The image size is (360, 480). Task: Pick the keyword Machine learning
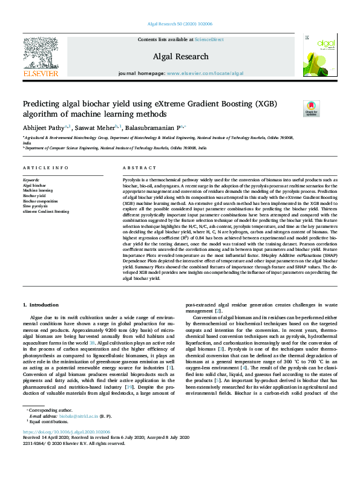click(x=38, y=190)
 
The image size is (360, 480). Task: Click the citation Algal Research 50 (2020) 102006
click(x=180, y=24)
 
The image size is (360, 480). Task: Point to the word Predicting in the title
click(x=43, y=104)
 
